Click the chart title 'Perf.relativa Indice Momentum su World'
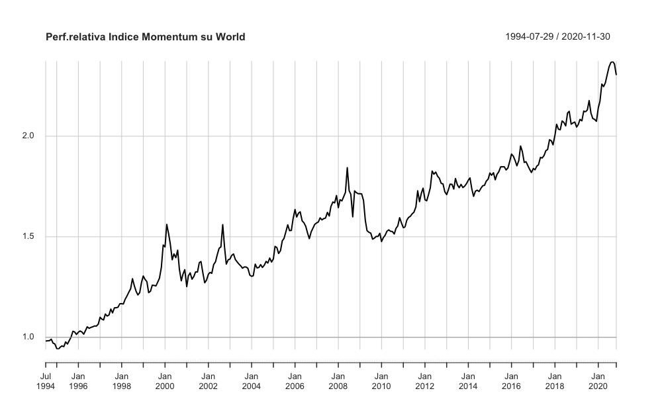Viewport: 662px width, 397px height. (x=145, y=37)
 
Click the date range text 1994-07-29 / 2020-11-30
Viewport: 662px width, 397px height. (x=561, y=37)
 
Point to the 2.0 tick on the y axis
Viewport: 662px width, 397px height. (x=28, y=136)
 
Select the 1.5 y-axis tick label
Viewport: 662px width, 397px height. (x=28, y=237)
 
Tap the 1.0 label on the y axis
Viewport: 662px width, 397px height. (x=28, y=337)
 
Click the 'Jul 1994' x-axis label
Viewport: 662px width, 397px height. (x=46, y=381)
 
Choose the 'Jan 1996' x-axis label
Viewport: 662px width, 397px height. (x=78, y=381)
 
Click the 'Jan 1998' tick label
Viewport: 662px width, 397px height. (x=121, y=381)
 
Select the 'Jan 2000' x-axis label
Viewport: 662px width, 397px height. (x=165, y=381)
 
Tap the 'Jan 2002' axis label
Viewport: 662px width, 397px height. (x=208, y=381)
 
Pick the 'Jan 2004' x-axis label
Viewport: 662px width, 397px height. (x=252, y=381)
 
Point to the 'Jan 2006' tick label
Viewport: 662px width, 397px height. (x=295, y=381)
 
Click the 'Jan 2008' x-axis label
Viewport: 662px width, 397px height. (x=338, y=381)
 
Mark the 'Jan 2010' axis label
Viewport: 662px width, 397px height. (x=381, y=381)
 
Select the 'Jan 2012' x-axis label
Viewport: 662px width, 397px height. (x=424, y=381)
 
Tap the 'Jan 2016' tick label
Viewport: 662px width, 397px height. (x=511, y=381)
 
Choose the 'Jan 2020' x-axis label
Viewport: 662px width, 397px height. (x=598, y=381)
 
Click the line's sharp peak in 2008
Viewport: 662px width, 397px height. (x=347, y=167)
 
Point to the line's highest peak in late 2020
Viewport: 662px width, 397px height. (x=612, y=62)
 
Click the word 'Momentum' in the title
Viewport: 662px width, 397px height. (x=166, y=37)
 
